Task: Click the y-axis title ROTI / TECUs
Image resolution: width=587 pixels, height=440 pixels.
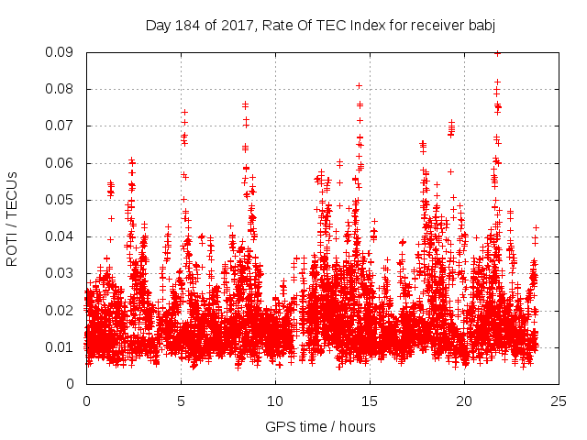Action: coord(12,218)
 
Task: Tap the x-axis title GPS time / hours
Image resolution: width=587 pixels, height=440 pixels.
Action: coord(320,426)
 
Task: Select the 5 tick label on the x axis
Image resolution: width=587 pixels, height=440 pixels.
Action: coord(181,401)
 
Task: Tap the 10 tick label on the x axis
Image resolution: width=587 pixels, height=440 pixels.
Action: coord(275,401)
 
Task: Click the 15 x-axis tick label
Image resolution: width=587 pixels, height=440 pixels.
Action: coord(370,401)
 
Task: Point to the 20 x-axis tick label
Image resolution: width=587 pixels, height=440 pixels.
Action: coord(464,401)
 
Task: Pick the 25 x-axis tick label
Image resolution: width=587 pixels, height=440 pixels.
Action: coord(559,401)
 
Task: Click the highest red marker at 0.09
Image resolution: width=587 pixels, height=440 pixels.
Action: coord(497,53)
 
